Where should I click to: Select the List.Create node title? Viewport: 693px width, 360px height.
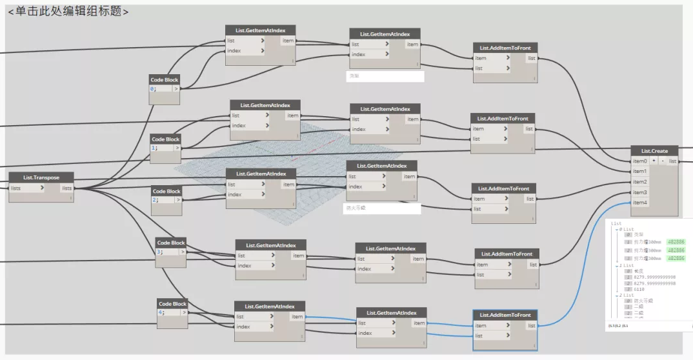coord(654,150)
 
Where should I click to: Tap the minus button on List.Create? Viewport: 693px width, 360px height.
coord(662,161)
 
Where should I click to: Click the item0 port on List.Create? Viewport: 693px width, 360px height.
coord(640,161)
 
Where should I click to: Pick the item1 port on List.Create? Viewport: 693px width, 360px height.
coord(640,172)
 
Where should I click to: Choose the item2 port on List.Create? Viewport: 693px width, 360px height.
coord(640,182)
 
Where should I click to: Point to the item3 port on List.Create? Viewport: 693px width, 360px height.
coord(640,192)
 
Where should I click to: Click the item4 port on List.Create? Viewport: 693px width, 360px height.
coord(640,203)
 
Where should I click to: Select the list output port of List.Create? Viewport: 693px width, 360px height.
coord(672,161)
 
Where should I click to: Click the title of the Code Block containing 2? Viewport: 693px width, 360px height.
coord(166,191)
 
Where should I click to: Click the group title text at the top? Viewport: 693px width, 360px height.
coord(68,12)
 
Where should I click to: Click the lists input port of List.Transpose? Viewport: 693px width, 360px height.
coord(26,188)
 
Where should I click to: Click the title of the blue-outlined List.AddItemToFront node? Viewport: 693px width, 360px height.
coord(505,315)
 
